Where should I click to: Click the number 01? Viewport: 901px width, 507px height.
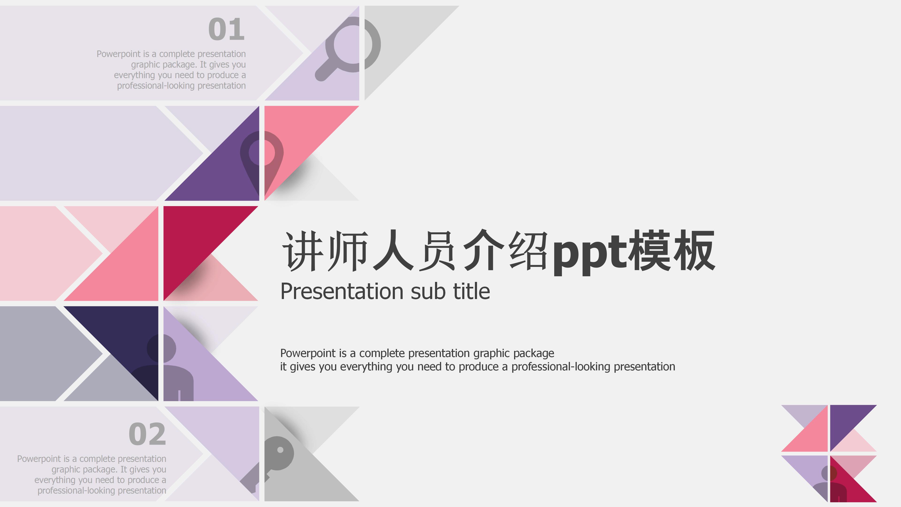226,29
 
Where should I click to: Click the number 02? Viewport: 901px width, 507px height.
147,434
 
